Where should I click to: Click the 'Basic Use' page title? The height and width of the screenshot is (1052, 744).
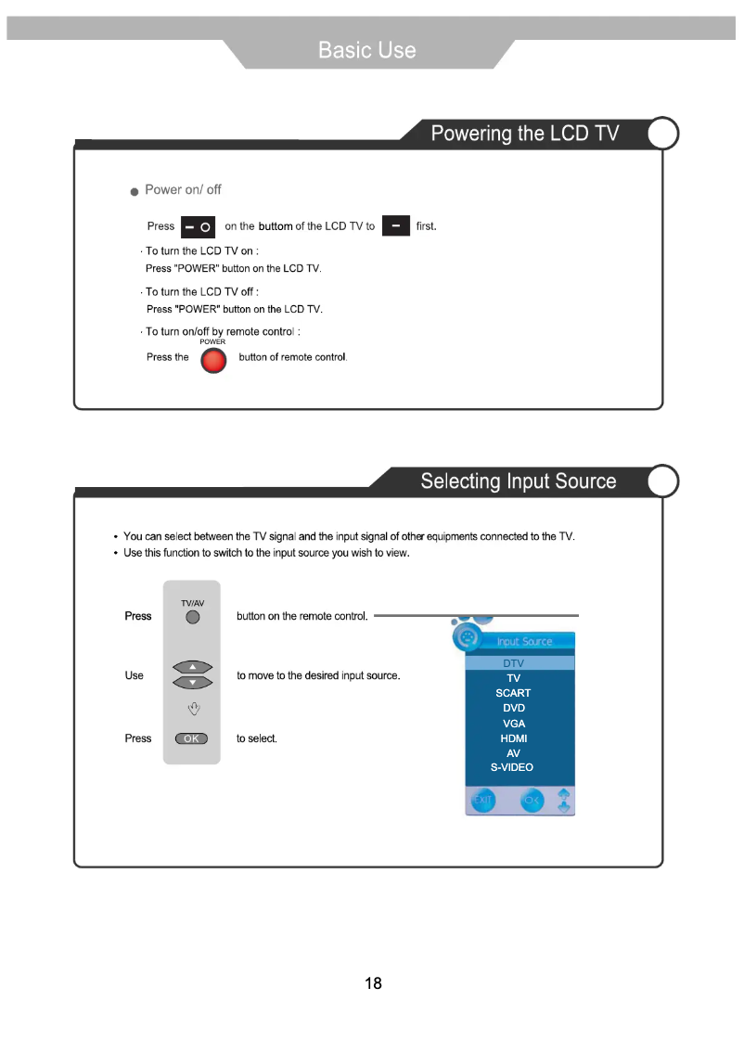tap(367, 50)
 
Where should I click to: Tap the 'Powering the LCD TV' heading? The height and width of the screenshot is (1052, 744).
tap(524, 134)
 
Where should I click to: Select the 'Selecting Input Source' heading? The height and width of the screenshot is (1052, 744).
tap(518, 481)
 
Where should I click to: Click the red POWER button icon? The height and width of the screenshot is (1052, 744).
tap(213, 359)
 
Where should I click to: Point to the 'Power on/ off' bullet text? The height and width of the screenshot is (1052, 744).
tap(183, 189)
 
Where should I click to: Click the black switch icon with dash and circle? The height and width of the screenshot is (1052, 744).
tap(198, 226)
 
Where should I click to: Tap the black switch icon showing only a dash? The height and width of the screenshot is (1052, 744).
tap(396, 225)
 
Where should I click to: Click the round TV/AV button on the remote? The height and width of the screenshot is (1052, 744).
tap(192, 618)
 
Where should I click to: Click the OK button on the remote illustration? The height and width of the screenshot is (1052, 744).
tap(191, 738)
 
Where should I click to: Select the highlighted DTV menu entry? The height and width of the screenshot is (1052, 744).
tap(513, 663)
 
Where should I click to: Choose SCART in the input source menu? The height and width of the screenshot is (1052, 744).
tap(513, 693)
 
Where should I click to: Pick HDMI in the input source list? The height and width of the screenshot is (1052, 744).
tap(513, 738)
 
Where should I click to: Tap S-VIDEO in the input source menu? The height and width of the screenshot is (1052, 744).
tap(512, 767)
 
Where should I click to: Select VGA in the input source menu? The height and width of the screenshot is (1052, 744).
tap(513, 724)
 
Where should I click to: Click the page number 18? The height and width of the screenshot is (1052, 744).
tap(373, 983)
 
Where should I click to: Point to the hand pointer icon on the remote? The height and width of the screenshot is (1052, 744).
tap(193, 710)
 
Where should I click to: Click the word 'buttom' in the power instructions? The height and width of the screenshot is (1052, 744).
tap(276, 226)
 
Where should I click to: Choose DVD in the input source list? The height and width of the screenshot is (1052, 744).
tap(513, 708)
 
